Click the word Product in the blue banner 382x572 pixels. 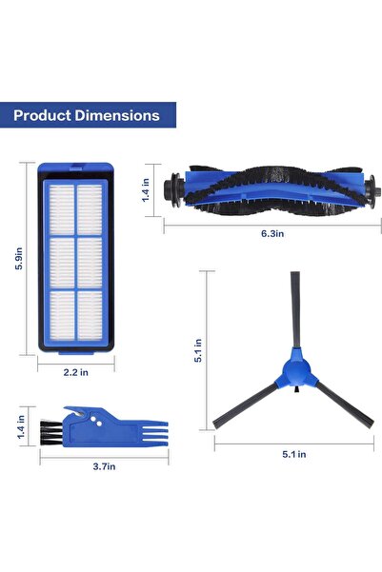tap(44, 115)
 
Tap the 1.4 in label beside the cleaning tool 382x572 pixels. tap(20, 430)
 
